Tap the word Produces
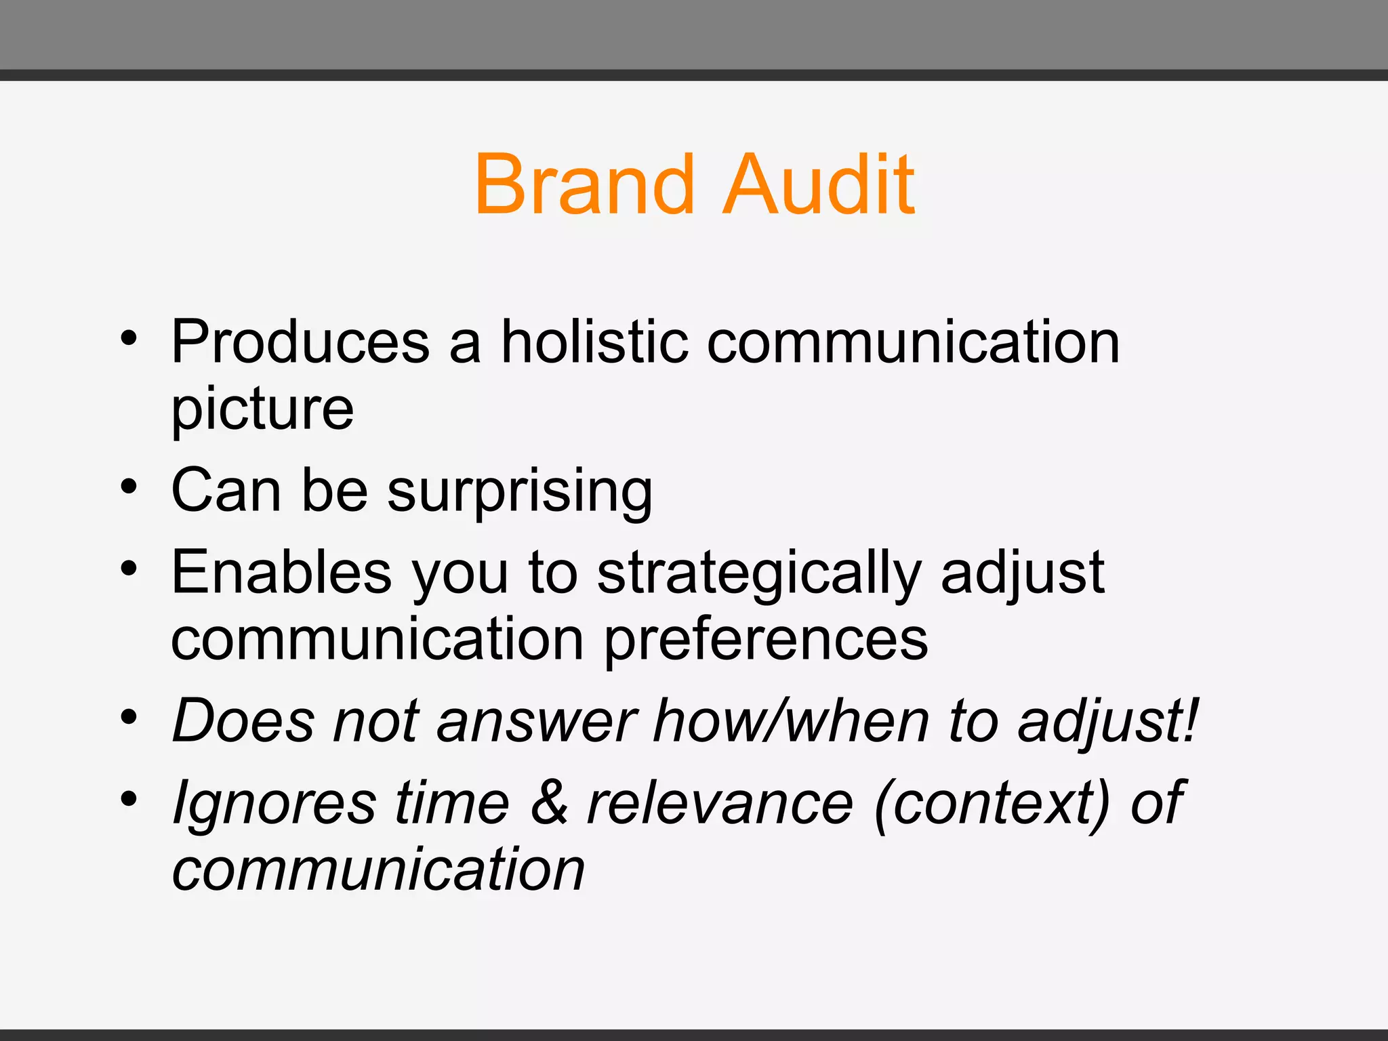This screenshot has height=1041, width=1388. click(x=300, y=342)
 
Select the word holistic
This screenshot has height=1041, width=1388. click(x=594, y=342)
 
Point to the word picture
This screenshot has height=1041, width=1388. click(x=262, y=409)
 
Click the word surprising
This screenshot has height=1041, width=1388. click(x=520, y=491)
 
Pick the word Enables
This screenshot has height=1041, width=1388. click(x=281, y=573)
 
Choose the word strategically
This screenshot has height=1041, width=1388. click(x=759, y=573)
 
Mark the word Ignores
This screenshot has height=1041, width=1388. click(x=274, y=804)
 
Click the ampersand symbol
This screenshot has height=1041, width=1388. click(x=549, y=802)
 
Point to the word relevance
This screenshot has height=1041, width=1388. click(x=720, y=804)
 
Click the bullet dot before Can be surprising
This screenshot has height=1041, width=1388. click(x=129, y=486)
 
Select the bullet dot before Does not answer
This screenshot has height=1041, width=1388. click(x=129, y=716)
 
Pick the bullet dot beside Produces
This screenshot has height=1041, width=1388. click(x=129, y=337)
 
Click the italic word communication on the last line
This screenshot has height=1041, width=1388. click(x=378, y=870)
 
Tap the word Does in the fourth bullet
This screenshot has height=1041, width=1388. click(x=244, y=721)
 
